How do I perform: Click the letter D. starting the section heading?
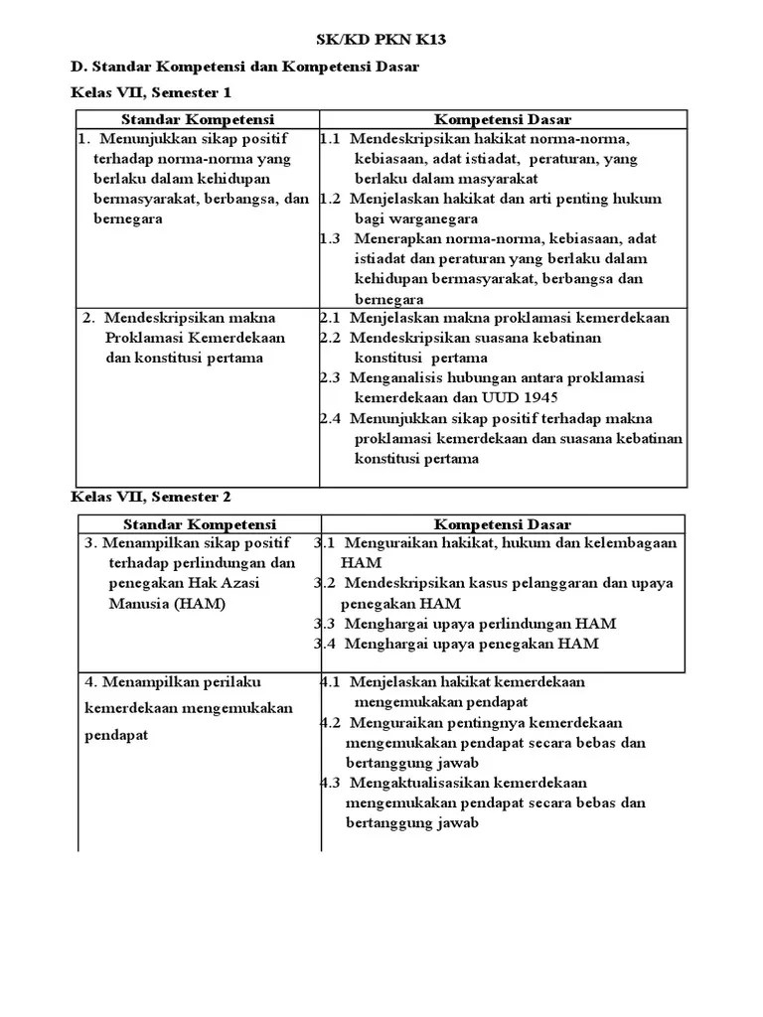point(77,66)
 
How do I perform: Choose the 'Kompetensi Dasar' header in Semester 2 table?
point(502,523)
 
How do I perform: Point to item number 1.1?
point(331,139)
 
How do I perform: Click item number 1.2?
point(331,199)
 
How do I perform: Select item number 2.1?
point(331,318)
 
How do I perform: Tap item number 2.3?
point(331,377)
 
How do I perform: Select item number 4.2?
point(331,722)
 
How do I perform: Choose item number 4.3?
point(331,783)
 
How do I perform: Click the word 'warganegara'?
point(437,218)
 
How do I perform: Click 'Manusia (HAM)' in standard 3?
point(167,604)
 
